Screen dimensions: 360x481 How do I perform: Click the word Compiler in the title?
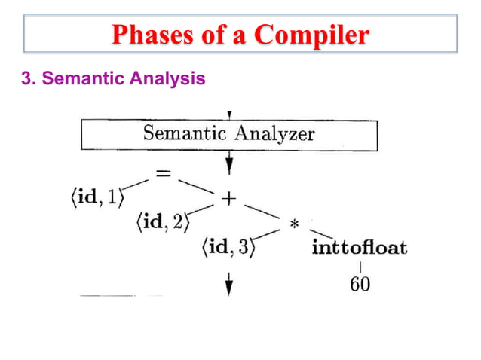312,35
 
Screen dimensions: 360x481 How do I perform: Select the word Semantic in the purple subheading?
78,78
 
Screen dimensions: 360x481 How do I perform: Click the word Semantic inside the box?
185,136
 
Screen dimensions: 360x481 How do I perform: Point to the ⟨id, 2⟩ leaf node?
163,222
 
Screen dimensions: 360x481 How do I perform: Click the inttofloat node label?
359,248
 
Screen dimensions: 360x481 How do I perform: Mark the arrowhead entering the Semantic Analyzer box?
228,114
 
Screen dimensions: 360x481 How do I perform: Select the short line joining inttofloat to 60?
360,267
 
